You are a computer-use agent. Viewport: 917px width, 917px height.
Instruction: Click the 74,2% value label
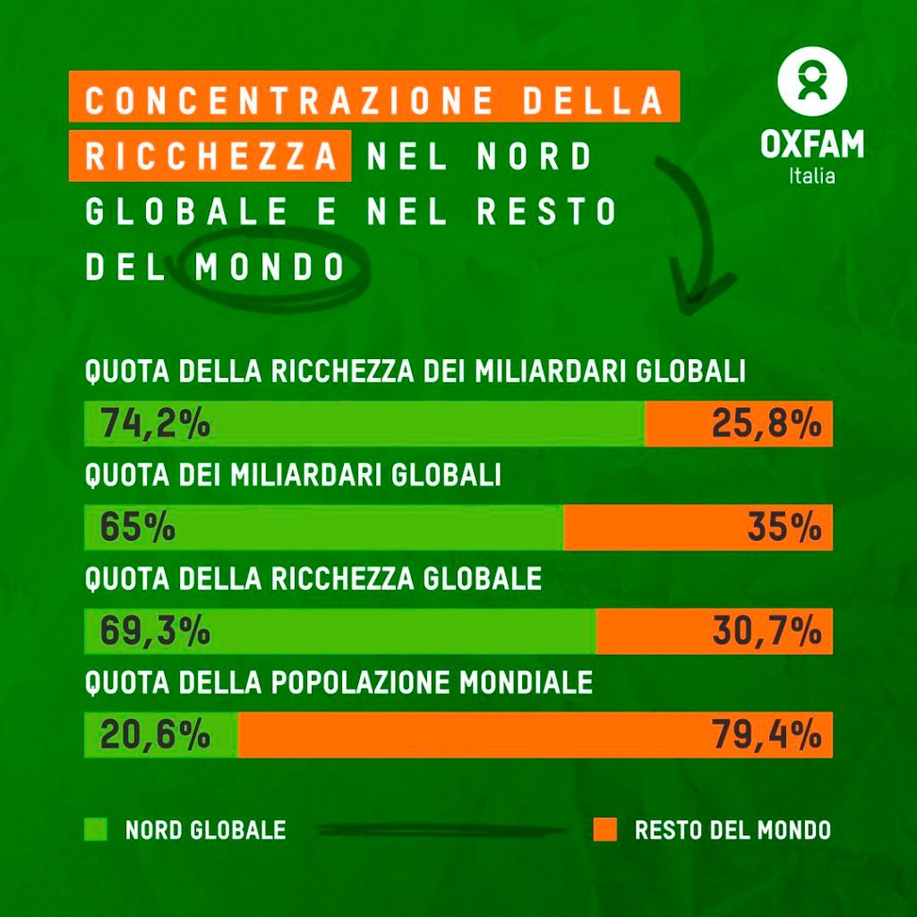(x=155, y=424)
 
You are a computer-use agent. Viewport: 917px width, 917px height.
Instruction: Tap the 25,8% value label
(x=767, y=424)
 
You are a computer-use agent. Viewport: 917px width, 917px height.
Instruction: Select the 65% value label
(x=137, y=527)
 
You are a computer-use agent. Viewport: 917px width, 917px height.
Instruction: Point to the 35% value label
(x=784, y=527)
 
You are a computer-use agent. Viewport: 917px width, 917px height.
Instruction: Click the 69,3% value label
(x=155, y=631)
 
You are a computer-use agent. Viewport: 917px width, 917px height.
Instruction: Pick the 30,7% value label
(x=767, y=631)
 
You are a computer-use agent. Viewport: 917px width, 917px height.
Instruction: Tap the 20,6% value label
(x=155, y=735)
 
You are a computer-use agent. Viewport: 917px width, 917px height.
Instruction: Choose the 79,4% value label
(x=767, y=735)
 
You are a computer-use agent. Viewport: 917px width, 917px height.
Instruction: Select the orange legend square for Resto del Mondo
(x=605, y=829)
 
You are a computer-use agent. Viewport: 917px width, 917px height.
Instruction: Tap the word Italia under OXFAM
(x=812, y=176)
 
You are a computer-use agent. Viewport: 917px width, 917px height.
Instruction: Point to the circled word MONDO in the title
(x=270, y=268)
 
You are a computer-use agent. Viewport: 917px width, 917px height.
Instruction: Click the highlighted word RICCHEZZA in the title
(x=210, y=157)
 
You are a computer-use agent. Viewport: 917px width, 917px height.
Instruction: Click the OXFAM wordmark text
(x=812, y=144)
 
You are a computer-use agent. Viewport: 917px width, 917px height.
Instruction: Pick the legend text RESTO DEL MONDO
(x=733, y=830)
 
